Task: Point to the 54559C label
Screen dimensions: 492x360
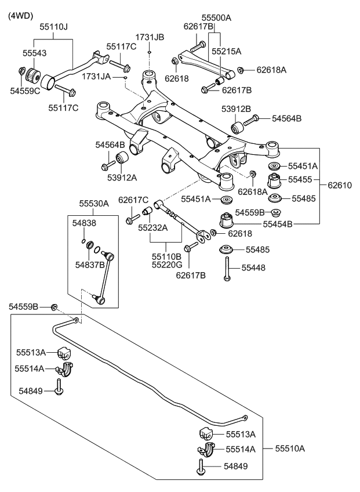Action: [25, 91]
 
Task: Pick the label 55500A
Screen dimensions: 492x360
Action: [216, 18]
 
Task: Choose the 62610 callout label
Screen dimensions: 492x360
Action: [339, 186]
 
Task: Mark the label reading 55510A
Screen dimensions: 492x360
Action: [290, 448]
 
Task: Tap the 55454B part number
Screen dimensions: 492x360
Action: [278, 223]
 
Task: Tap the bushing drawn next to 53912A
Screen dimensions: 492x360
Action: [122, 158]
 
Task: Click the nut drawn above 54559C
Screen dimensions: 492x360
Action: [22, 71]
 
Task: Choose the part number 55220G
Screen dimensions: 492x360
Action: [166, 265]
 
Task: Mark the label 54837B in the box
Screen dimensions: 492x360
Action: [90, 265]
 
